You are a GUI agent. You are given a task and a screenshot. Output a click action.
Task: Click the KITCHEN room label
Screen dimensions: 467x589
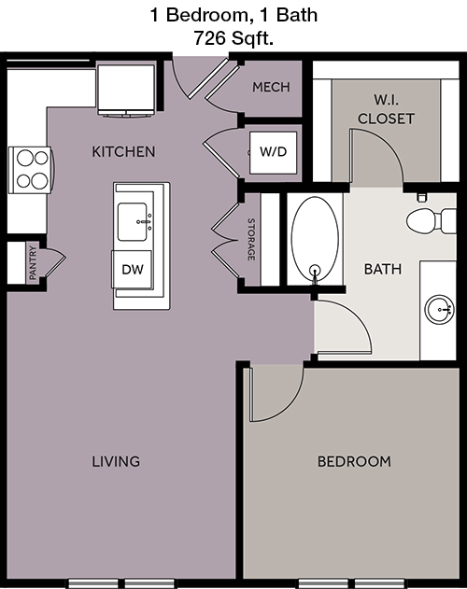pyautogui.click(x=123, y=152)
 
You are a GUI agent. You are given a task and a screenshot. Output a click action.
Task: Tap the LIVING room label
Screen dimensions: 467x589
pyautogui.click(x=116, y=461)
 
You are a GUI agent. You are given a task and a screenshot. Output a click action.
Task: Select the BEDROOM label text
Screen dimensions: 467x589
pyautogui.click(x=354, y=461)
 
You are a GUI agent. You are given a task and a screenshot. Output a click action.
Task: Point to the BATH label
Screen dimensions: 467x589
pyautogui.click(x=383, y=269)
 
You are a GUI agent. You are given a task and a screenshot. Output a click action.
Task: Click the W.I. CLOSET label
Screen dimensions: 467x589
pyautogui.click(x=386, y=109)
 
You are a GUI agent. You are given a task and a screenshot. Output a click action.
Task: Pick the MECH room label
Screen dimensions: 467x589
pyautogui.click(x=271, y=87)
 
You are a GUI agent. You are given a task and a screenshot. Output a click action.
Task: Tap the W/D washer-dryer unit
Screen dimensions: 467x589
pyautogui.click(x=274, y=152)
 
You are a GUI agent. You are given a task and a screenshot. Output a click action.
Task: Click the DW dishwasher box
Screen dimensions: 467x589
pyautogui.click(x=133, y=270)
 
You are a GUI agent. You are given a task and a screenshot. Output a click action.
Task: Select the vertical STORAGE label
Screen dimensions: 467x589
pyautogui.click(x=251, y=239)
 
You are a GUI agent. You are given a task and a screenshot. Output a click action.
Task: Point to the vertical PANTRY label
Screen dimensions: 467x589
pyautogui.click(x=33, y=262)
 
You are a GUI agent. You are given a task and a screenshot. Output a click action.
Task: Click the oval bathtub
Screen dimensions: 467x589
pyautogui.click(x=315, y=239)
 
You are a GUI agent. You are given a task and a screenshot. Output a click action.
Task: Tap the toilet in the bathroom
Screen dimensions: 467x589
pyautogui.click(x=432, y=219)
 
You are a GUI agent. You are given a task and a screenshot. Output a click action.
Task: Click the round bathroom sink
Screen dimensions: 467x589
pyautogui.click(x=439, y=309)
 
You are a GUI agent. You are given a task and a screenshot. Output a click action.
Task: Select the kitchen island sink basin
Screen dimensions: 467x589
pyautogui.click(x=133, y=221)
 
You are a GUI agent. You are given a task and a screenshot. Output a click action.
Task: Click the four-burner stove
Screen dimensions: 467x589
pyautogui.click(x=30, y=170)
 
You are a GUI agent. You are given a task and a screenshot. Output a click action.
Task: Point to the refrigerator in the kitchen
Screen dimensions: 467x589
pyautogui.click(x=126, y=90)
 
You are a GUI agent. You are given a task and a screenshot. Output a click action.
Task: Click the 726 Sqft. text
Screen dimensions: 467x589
pyautogui.click(x=233, y=37)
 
